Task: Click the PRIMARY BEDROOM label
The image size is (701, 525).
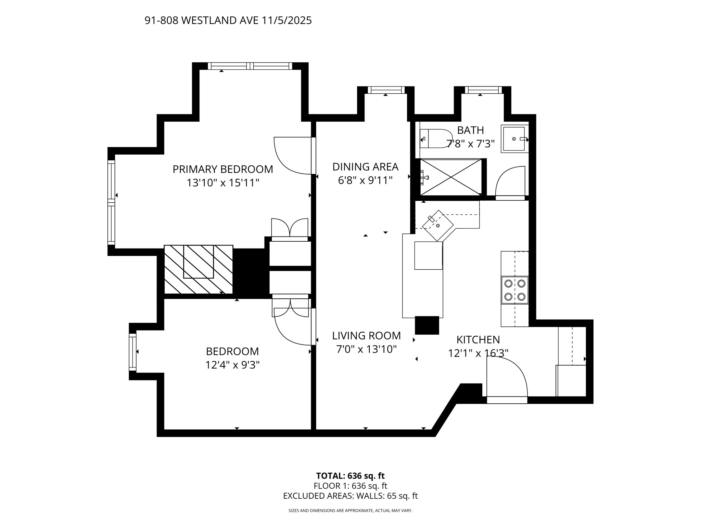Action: pos(222,169)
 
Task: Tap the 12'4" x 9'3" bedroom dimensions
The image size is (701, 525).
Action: pos(232,365)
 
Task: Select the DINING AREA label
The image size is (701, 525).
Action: pos(365,167)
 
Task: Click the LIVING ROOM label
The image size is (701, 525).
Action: pos(366,336)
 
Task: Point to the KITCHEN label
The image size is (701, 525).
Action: pos(478,339)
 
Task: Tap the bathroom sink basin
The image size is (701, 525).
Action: pos(513,139)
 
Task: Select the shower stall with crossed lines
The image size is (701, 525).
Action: pos(450,177)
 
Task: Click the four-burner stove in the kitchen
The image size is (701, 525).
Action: pos(515,290)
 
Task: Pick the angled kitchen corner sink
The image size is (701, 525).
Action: pos(438,225)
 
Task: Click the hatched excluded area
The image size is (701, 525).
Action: pos(199,269)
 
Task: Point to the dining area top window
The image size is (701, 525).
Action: pos(386,90)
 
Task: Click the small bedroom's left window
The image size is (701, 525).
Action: pos(132,352)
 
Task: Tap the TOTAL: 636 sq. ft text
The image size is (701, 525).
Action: pos(350,476)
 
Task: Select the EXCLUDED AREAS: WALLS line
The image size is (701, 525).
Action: pos(350,496)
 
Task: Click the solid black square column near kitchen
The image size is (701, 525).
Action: pos(427,325)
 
